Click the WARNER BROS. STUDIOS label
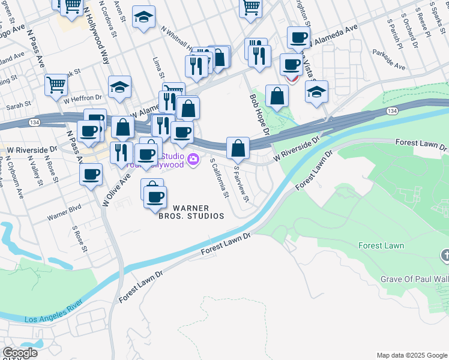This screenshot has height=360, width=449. [190, 212]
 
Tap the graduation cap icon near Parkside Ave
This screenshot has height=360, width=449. [316, 92]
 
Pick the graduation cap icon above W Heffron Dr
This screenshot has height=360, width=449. [119, 86]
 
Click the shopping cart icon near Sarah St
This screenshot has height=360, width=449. [56, 85]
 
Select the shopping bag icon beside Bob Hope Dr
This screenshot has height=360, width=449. [277, 96]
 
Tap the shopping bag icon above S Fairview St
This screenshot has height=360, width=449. [238, 146]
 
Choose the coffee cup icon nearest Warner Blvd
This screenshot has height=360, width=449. [91, 174]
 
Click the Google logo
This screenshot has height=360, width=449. [19, 353]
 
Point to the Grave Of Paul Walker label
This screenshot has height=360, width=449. [414, 279]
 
